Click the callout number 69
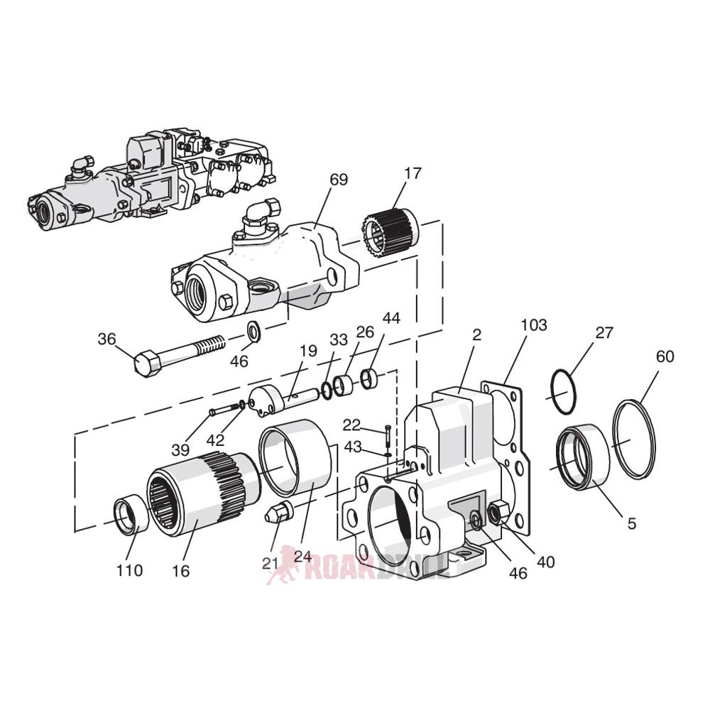coord(339,180)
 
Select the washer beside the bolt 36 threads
coord(253,332)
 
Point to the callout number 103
coord(533,325)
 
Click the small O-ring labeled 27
coord(564,392)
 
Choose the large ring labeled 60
coord(633,439)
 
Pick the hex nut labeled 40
coord(498,510)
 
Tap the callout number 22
coord(351,425)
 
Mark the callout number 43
coord(353,447)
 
